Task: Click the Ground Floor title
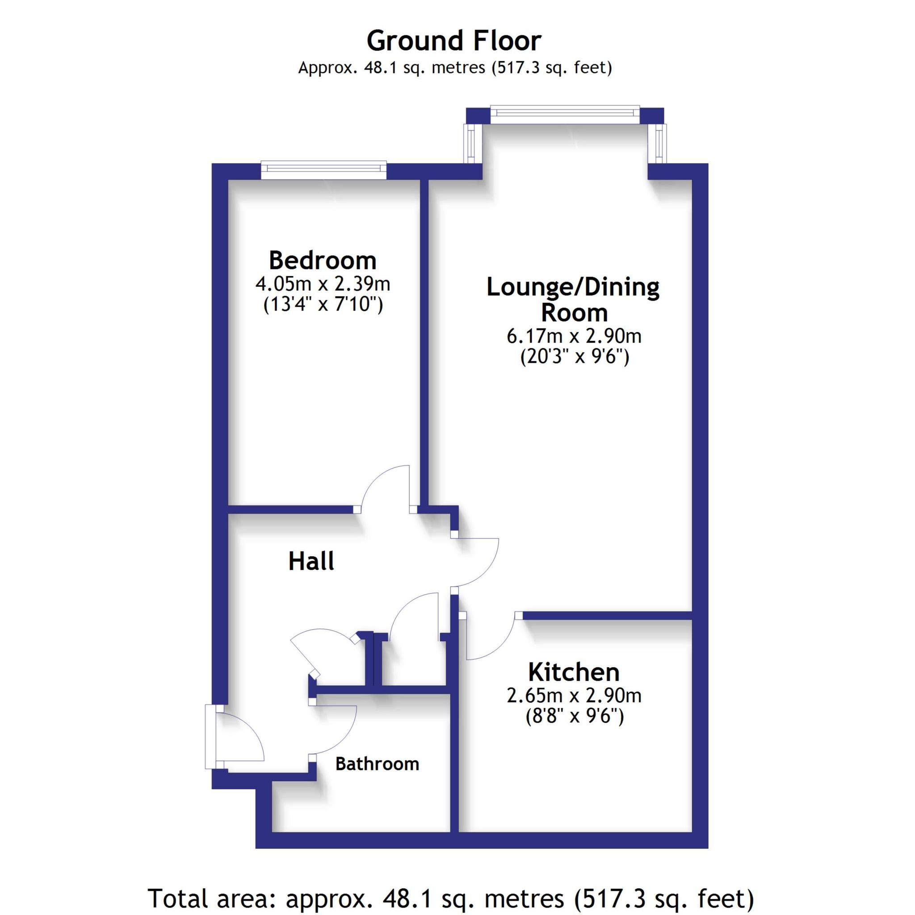pyautogui.click(x=454, y=41)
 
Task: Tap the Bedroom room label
pyautogui.click(x=323, y=260)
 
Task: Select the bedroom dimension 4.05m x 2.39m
pyautogui.click(x=323, y=284)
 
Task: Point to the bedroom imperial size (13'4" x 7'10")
pyautogui.click(x=323, y=304)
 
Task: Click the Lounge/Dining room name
pyautogui.click(x=573, y=299)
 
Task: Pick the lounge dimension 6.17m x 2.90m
pyautogui.click(x=574, y=336)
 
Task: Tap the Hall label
pyautogui.click(x=311, y=561)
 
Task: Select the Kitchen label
pyautogui.click(x=574, y=672)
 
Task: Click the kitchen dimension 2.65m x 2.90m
pyautogui.click(x=574, y=696)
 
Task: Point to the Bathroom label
pyautogui.click(x=377, y=764)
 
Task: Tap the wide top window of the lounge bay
pyautogui.click(x=565, y=113)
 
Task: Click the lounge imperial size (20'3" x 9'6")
pyautogui.click(x=575, y=356)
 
